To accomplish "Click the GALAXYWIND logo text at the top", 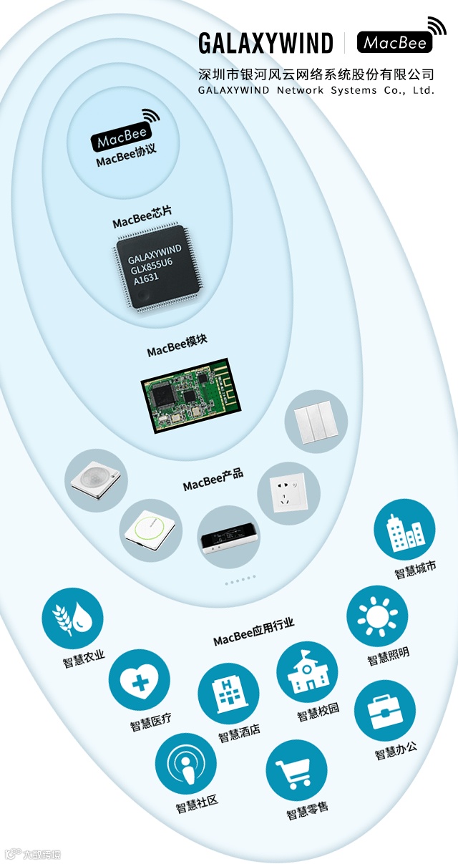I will pos(265,43).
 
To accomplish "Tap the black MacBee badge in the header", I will pos(395,42).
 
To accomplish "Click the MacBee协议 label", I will pos(126,158).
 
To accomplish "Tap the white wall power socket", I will pos(288,493).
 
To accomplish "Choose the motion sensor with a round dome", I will pos(95,480).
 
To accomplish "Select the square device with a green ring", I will pos(150,530).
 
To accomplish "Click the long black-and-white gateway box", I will pos(228,538).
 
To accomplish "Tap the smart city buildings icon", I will pos(404,530).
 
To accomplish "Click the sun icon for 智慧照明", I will pos(377,616).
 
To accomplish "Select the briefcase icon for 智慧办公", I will pos(385,711).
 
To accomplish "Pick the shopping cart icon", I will pos(297,770).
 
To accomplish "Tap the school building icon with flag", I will pos(307,673).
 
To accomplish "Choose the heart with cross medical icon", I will pos(140,680).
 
